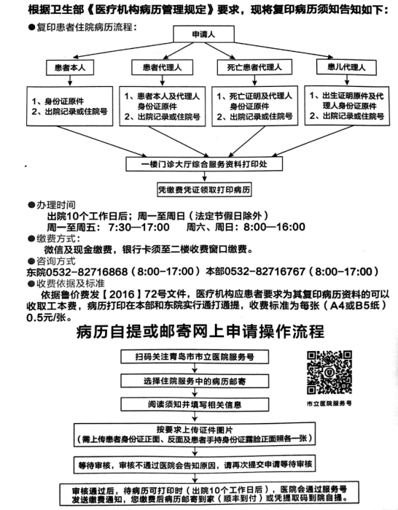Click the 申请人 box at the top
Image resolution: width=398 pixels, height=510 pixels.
point(203,34)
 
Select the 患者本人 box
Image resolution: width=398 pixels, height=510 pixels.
point(70,68)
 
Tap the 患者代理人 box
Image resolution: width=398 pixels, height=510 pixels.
point(162,68)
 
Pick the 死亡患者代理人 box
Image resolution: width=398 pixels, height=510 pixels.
point(254,67)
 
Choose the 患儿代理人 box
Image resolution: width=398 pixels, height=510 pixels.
point(346,67)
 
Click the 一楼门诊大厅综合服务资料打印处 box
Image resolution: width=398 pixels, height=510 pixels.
point(204,164)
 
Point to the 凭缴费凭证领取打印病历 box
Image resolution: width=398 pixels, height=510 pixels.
point(204,190)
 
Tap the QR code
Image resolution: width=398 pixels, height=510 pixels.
point(329,372)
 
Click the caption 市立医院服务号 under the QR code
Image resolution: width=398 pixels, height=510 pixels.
point(329,403)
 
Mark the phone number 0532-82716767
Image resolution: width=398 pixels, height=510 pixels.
point(265,271)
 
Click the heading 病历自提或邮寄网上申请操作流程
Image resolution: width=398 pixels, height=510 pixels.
point(200,332)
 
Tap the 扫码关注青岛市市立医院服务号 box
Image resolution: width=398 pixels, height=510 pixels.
point(195,357)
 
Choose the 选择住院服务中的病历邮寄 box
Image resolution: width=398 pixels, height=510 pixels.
point(195,381)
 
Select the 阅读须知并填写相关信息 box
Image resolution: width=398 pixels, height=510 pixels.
point(195,405)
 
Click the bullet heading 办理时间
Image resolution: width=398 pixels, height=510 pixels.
point(52,205)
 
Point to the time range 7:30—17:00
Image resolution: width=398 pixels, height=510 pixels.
point(138,227)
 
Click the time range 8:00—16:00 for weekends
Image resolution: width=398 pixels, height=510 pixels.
point(274,227)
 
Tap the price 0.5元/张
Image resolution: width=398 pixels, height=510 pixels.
point(50,317)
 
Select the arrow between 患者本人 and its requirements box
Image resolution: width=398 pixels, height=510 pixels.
point(70,81)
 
